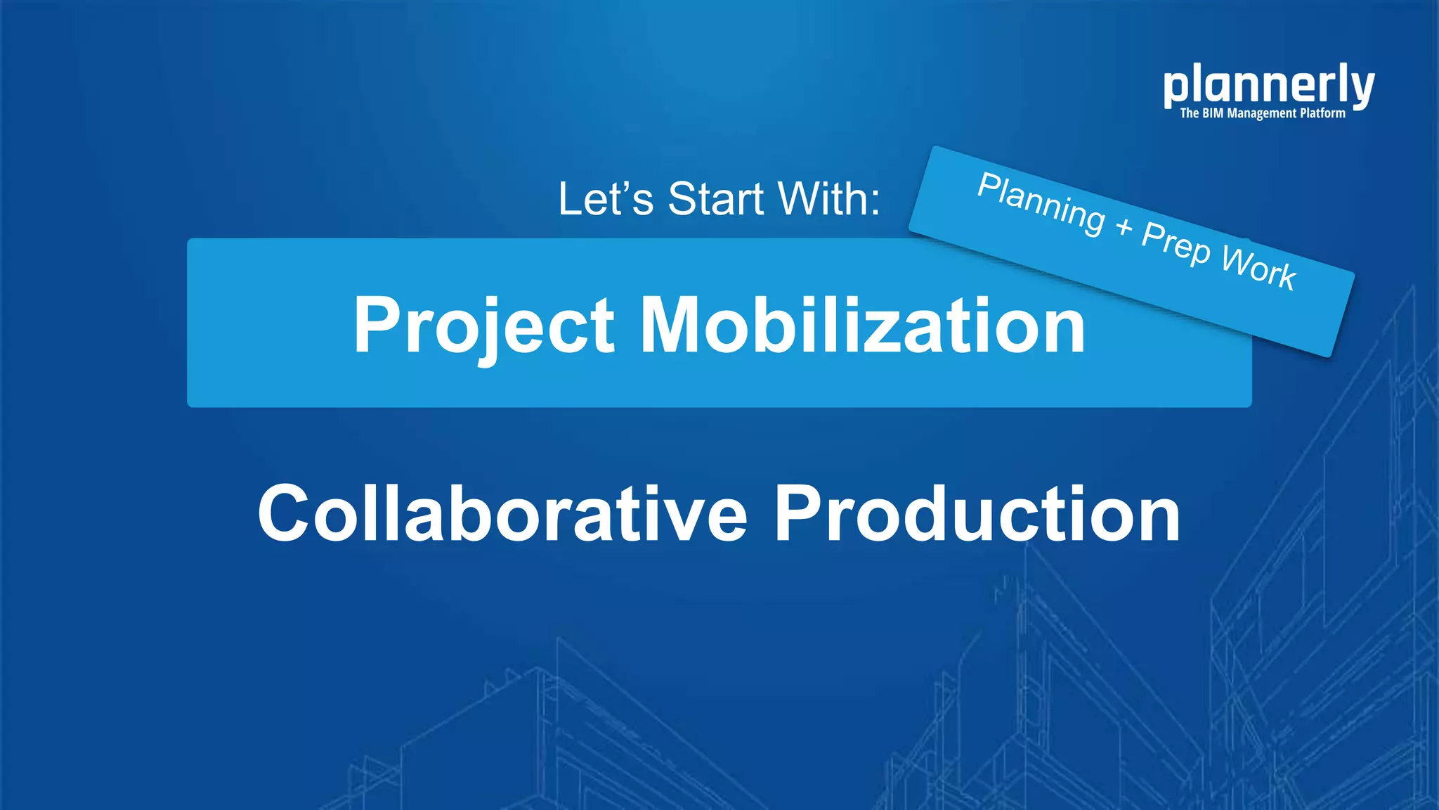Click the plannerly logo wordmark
tap(1268, 86)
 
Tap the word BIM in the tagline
tap(1213, 113)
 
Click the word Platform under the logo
tap(1322, 113)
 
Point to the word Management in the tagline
tap(1262, 113)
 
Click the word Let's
tap(605, 199)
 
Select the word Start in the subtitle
tap(716, 199)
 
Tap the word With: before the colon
tap(829, 199)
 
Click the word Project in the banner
tap(484, 326)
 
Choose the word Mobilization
tap(863, 326)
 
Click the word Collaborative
tap(502, 514)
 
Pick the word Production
tap(977, 514)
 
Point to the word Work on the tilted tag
tap(1259, 268)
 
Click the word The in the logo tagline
tap(1189, 113)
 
